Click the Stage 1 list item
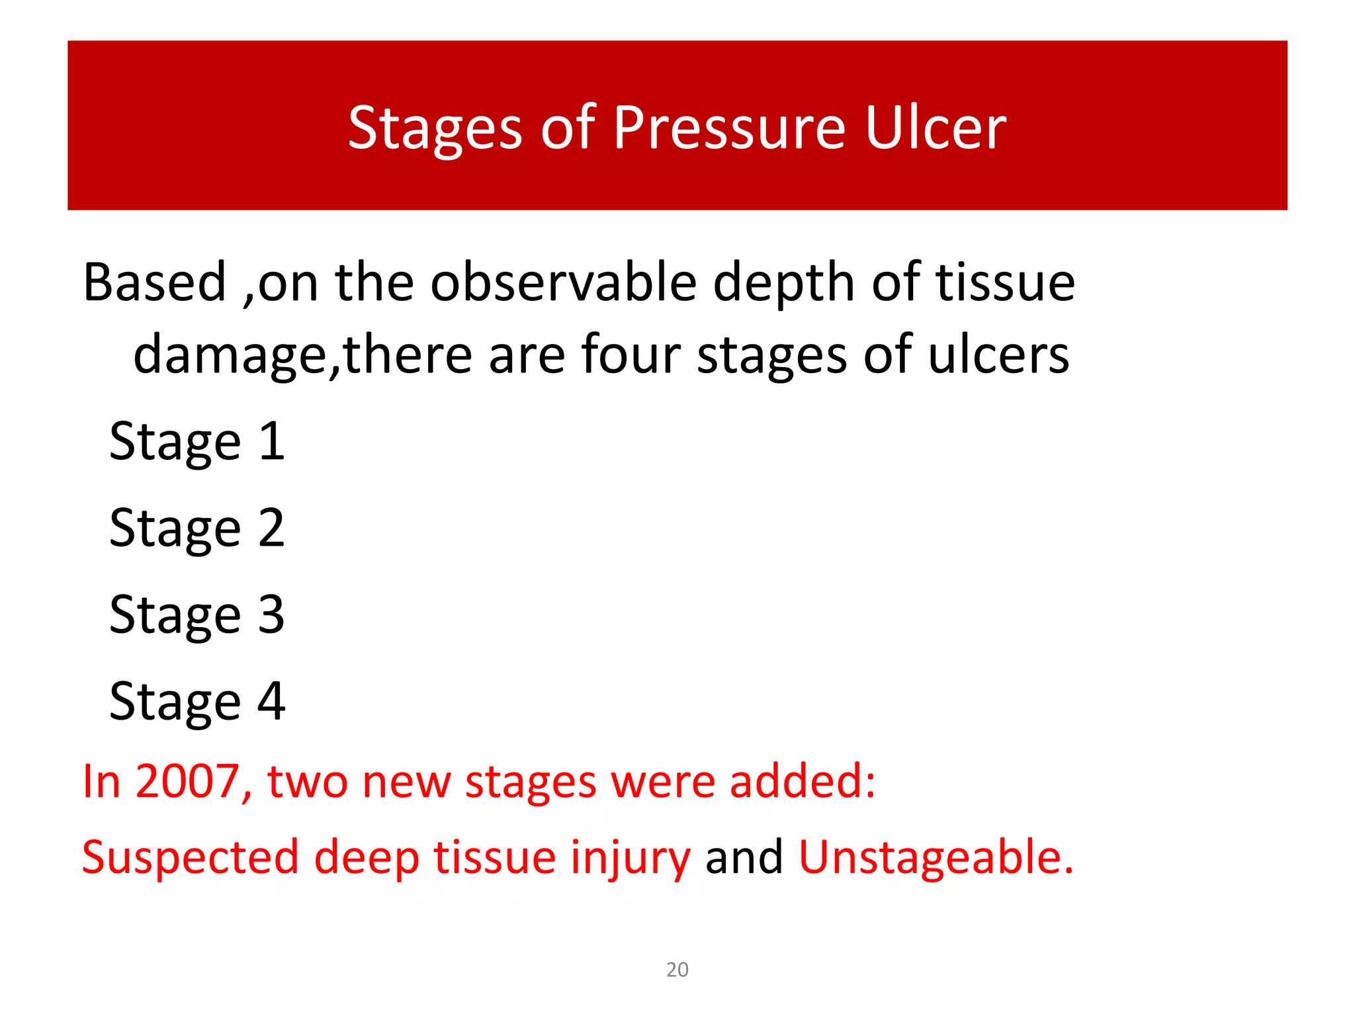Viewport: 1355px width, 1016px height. (197, 442)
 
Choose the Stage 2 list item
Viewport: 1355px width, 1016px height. (197, 529)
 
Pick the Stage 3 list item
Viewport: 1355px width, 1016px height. (197, 615)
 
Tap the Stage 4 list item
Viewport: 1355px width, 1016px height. (197, 702)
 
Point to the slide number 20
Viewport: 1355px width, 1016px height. (677, 970)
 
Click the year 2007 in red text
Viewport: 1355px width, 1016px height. (187, 782)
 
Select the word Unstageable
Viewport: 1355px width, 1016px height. (936, 857)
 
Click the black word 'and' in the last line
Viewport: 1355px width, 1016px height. (744, 857)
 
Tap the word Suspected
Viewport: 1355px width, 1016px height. (191, 857)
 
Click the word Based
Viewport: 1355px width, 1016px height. (155, 282)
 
